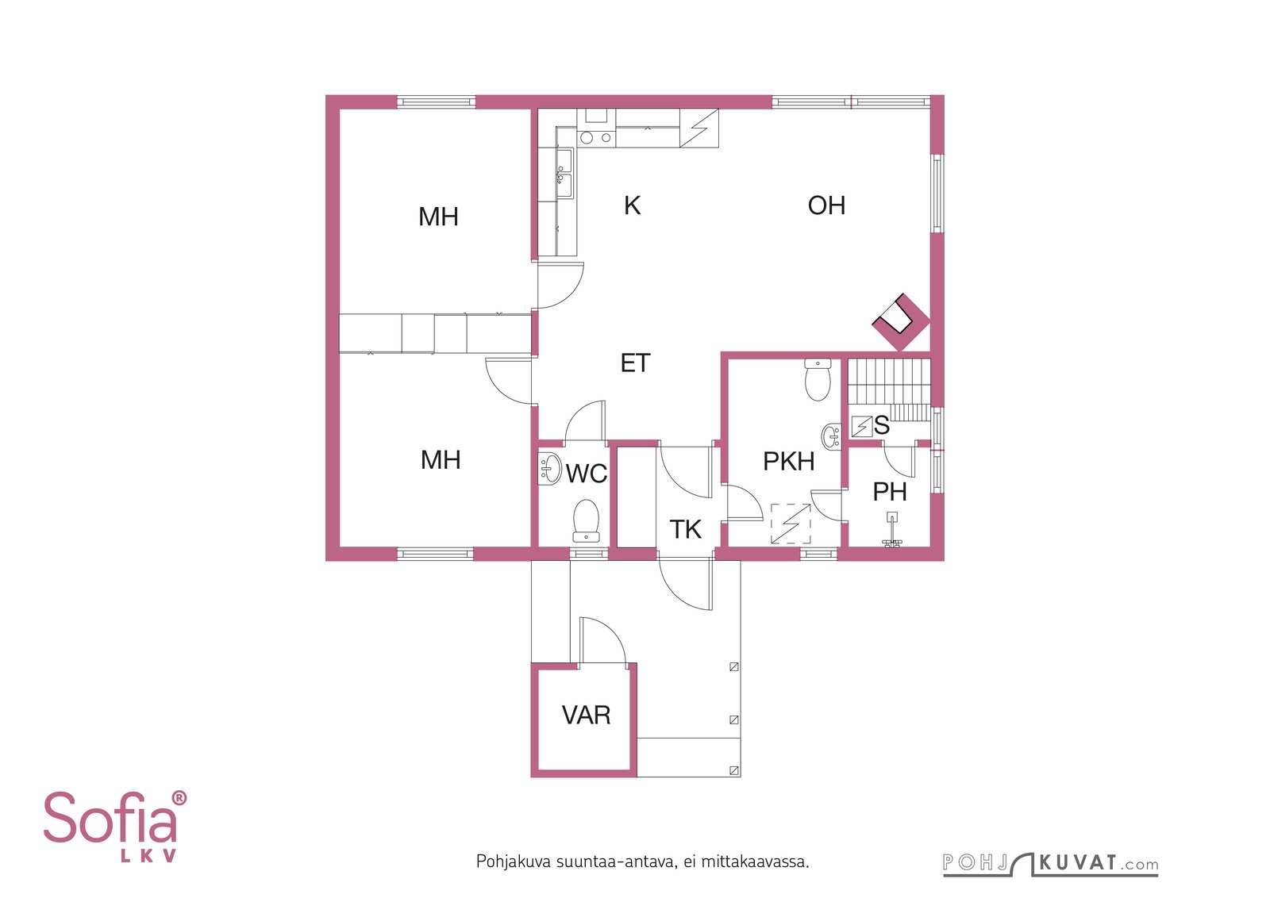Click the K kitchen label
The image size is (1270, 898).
[x=632, y=205]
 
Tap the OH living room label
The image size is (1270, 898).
[x=826, y=205]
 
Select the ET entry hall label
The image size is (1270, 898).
[x=635, y=363]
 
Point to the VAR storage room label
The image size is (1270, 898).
[x=587, y=715]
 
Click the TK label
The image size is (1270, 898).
[x=686, y=529]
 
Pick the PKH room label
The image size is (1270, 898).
[x=789, y=461]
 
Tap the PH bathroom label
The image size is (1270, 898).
[x=890, y=492]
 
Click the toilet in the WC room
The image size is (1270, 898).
[x=587, y=520]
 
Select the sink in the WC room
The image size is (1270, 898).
[x=549, y=469]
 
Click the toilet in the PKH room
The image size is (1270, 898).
[x=818, y=380]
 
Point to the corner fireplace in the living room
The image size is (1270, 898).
[x=901, y=322]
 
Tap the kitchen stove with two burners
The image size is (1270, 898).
[x=596, y=137]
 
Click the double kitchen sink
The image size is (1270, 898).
[x=564, y=174]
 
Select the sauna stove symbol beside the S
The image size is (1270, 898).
[x=862, y=427]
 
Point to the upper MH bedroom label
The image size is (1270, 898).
[x=438, y=217]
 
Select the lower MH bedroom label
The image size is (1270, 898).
[x=441, y=460]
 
